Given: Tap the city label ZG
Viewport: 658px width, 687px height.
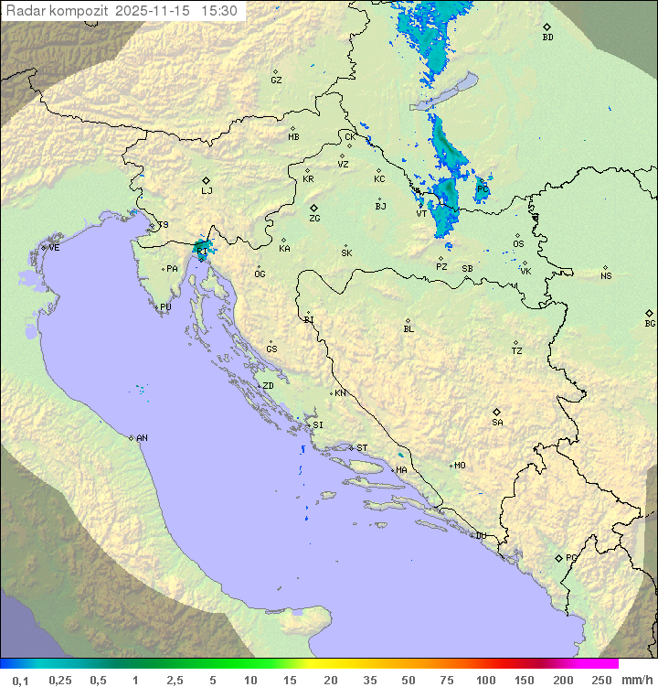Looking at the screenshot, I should (314, 219).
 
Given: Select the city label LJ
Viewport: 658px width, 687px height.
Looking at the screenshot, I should (207, 190).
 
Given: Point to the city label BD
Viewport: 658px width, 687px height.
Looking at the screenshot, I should (547, 38).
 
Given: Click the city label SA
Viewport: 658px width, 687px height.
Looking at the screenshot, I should (497, 423).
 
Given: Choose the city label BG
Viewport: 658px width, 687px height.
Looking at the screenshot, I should (650, 323).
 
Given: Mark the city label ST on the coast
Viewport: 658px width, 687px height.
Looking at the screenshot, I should (362, 448).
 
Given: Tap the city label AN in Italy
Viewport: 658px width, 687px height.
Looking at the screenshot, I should (142, 438).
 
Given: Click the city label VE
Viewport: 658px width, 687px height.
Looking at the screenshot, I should (54, 248).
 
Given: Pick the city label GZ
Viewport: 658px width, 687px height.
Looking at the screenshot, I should (276, 81).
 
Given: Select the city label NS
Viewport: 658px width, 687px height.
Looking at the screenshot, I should (606, 276).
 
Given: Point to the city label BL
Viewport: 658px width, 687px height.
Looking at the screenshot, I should (409, 329).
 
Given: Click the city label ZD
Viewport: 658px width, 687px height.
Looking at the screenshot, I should (268, 386).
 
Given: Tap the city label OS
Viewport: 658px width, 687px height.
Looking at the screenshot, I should (518, 244).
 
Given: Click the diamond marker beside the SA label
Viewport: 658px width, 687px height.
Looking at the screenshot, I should (497, 412).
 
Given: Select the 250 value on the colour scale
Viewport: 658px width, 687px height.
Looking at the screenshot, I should (601, 680).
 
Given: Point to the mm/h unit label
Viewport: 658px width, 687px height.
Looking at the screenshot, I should (635, 680).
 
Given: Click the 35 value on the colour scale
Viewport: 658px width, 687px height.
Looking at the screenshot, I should (369, 680).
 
